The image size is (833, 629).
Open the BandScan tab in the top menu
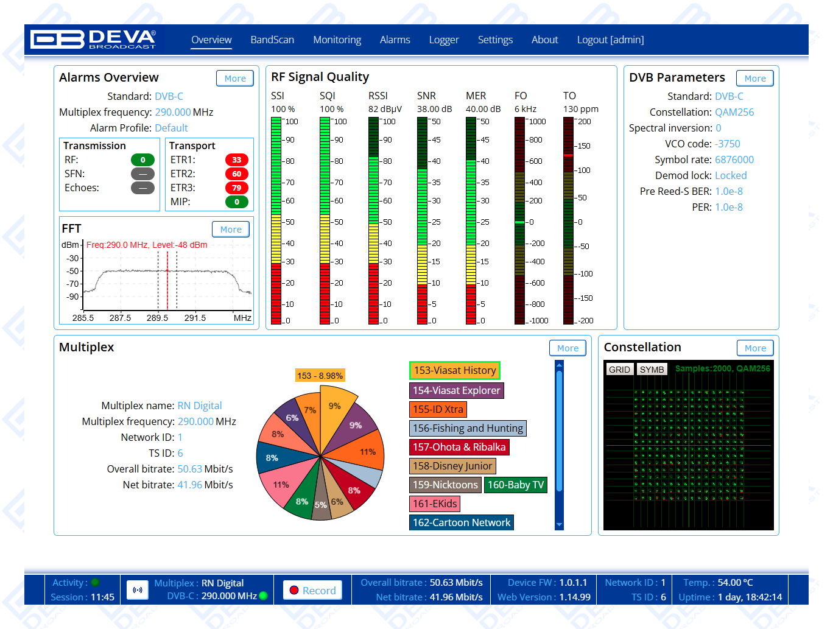coord(272,40)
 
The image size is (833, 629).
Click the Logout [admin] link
coord(610,40)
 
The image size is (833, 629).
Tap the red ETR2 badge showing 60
coord(237,174)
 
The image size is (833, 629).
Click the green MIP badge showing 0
coord(237,202)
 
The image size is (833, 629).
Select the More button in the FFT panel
coord(231,230)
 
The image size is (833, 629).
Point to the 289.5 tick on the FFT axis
coord(158,318)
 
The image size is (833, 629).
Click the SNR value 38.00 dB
coord(434,109)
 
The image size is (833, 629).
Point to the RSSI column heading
coord(378,96)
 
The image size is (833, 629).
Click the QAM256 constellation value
coord(734,112)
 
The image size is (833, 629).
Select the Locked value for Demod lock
coord(731,175)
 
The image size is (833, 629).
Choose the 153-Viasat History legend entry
coord(455,370)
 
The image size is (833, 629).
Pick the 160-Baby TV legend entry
coord(516,485)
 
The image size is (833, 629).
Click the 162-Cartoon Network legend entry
coord(462,522)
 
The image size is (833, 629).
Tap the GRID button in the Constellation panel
coord(619,370)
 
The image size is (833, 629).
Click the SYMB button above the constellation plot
coord(652,370)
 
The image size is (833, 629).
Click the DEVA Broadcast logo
coord(93,39)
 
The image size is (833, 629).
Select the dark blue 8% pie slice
coord(277,458)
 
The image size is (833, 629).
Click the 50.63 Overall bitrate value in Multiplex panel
coord(189,469)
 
